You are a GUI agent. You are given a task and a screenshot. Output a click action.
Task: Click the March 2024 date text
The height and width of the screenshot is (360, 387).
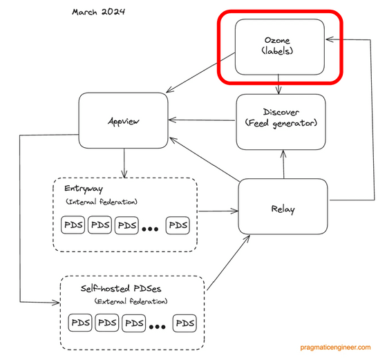pyautogui.click(x=98, y=12)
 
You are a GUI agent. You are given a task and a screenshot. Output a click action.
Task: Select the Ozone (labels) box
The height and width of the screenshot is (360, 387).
pyautogui.click(x=280, y=47)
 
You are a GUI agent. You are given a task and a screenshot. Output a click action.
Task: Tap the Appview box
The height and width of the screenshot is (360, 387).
pyautogui.click(x=124, y=120)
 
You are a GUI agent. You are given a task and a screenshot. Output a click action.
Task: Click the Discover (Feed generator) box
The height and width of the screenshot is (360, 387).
pyautogui.click(x=281, y=122)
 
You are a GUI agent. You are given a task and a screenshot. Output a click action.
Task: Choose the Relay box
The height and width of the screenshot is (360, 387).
pyautogui.click(x=283, y=207)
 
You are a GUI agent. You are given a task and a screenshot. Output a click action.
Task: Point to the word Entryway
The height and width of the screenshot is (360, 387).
pyautogui.click(x=84, y=189)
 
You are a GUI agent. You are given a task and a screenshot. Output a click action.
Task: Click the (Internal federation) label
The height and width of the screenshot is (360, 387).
pyautogui.click(x=102, y=202)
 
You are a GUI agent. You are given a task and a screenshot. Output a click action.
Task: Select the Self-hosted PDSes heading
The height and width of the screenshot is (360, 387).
pyautogui.click(x=121, y=288)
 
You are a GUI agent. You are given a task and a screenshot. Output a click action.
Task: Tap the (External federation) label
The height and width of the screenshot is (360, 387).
pyautogui.click(x=131, y=301)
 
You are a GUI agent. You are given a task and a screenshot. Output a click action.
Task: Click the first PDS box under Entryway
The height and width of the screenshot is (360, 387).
pyautogui.click(x=73, y=225)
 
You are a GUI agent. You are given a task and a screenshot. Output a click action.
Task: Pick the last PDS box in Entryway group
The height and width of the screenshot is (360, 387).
pyautogui.click(x=178, y=225)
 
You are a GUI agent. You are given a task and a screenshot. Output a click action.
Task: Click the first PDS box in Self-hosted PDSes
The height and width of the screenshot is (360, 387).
pyautogui.click(x=80, y=323)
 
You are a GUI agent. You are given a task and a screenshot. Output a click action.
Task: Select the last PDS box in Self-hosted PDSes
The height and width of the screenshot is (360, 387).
pyautogui.click(x=185, y=323)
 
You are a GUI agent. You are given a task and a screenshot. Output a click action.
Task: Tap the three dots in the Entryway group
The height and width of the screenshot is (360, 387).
pyautogui.click(x=150, y=229)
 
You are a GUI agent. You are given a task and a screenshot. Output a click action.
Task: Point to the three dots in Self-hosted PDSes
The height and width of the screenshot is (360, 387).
pyautogui.click(x=158, y=328)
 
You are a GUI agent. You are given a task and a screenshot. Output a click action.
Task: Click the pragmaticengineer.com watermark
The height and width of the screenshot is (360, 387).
pyautogui.click(x=335, y=348)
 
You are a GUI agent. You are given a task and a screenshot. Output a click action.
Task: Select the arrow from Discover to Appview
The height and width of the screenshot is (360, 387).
pyautogui.click(x=202, y=120)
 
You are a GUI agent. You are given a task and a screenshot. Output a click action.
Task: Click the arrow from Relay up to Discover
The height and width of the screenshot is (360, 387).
pyautogui.click(x=283, y=164)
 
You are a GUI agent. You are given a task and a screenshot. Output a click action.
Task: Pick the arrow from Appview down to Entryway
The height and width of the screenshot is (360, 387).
pyautogui.click(x=124, y=163)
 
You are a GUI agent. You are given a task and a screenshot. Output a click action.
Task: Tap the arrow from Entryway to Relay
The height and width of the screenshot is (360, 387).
pyautogui.click(x=218, y=211)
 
